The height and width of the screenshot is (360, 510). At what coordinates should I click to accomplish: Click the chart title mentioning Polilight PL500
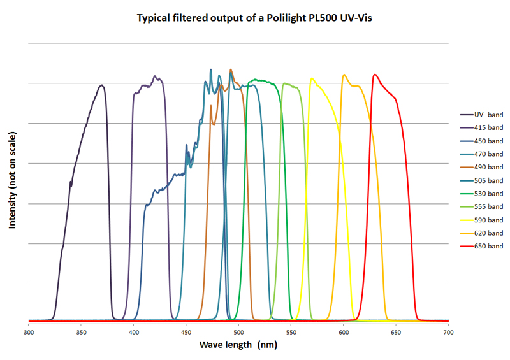(x=254, y=17)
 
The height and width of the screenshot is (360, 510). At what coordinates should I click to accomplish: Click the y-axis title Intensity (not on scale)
(x=13, y=180)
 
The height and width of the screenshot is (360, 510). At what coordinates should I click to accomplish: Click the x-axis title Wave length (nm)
(x=238, y=345)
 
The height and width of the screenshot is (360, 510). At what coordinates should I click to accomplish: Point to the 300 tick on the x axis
(x=29, y=331)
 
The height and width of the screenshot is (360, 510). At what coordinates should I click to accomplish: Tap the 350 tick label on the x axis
(x=81, y=331)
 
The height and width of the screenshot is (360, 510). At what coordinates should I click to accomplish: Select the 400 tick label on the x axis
(x=133, y=331)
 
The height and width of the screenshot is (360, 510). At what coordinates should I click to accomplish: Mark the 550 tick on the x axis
(x=291, y=331)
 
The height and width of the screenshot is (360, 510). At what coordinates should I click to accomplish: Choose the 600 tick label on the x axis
(x=344, y=331)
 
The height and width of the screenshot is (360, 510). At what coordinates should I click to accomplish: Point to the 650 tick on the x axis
(x=396, y=331)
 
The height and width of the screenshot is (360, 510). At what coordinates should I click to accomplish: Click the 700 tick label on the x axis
(x=448, y=331)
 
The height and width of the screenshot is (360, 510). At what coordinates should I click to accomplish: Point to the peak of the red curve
(x=375, y=75)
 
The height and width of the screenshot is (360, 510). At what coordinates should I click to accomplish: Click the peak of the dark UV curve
(x=101, y=85)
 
